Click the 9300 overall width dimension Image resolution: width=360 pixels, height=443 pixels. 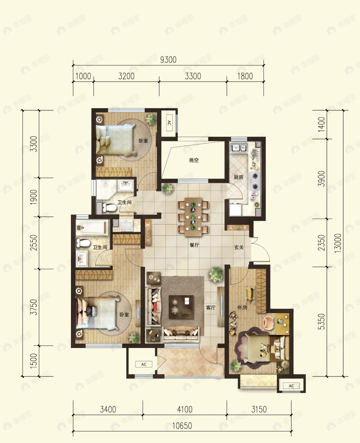168,60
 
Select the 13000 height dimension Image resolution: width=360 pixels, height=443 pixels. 338,243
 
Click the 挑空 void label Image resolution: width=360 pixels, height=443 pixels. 194,160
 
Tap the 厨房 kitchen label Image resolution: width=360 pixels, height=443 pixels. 238,177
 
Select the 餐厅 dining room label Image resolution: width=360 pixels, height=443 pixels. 194,245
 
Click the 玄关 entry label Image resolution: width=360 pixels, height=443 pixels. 239,247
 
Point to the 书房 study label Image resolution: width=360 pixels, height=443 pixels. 242,307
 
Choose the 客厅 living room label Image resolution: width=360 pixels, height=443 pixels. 211,308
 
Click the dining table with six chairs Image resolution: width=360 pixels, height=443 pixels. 193,217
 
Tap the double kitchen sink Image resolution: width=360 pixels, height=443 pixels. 239,148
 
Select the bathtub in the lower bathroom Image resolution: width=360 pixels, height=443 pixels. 93,227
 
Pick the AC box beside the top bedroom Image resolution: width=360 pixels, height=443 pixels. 169,123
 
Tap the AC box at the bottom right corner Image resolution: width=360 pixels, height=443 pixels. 291,386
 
